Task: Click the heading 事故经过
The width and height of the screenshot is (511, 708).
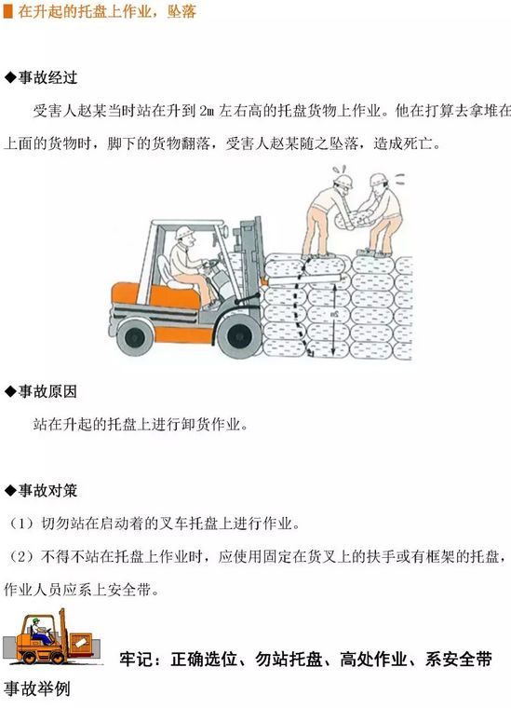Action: tap(47, 77)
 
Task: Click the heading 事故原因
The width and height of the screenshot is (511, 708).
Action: tap(47, 391)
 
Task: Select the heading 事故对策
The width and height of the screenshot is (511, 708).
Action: tap(47, 490)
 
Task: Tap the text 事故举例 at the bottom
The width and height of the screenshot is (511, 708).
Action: tap(37, 689)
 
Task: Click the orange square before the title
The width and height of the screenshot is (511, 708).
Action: tap(7, 12)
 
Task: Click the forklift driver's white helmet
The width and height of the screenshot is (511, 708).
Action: tap(184, 233)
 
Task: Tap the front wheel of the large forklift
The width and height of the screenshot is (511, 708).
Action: tap(237, 336)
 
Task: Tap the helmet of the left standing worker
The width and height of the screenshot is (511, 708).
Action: tap(343, 181)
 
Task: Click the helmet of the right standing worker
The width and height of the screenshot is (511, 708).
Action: tap(379, 179)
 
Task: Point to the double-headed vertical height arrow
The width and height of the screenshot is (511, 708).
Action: tap(334, 318)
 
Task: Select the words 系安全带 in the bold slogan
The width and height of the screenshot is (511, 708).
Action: tap(458, 660)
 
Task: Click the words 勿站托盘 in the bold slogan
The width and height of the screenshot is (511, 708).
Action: tap(289, 660)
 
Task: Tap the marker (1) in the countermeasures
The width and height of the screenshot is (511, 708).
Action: tap(21, 524)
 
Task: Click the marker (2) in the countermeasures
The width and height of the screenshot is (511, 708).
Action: tap(21, 556)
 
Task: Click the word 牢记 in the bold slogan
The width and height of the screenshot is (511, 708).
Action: tap(136, 660)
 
